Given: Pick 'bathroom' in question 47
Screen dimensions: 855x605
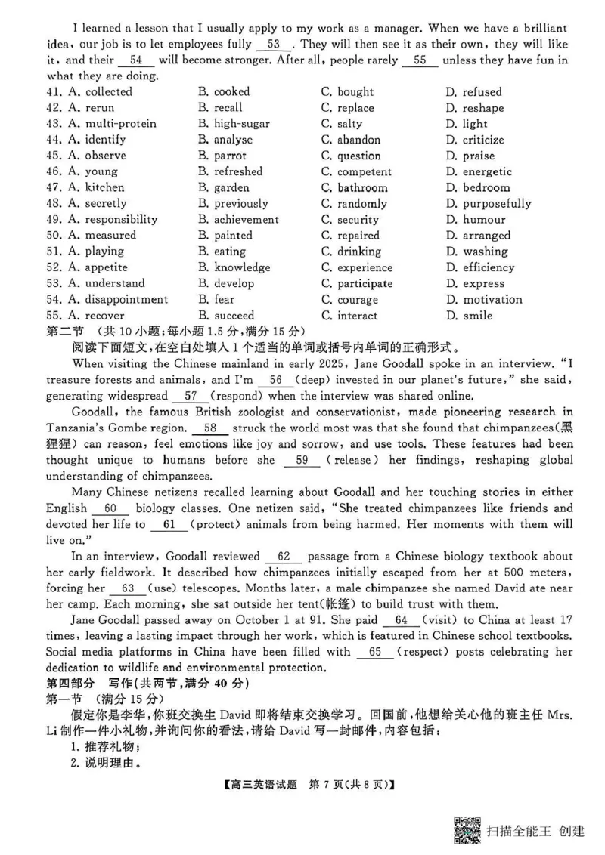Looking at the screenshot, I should point(362,188).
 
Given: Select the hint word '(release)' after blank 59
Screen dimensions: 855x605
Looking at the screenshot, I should point(354,460).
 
